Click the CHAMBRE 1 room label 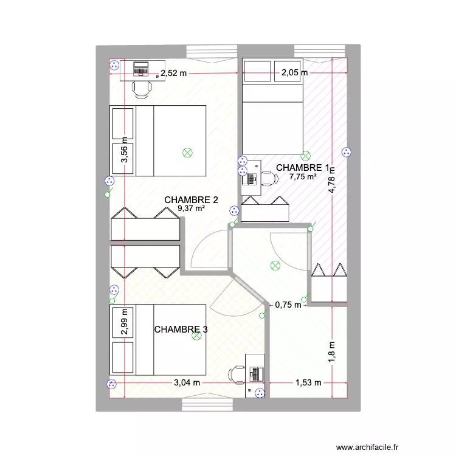(303, 168)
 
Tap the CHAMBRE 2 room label (191, 199)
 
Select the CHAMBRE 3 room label (181, 330)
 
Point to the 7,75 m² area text (303, 177)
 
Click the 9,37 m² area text (191, 209)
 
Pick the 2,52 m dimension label (173, 74)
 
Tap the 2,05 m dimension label (294, 74)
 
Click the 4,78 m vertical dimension (332, 180)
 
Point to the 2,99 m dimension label (123, 324)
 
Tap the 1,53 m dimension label (308, 383)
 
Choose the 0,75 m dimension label (288, 305)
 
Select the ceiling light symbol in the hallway (275, 265)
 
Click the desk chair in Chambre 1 (268, 178)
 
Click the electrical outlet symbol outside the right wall (347, 153)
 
